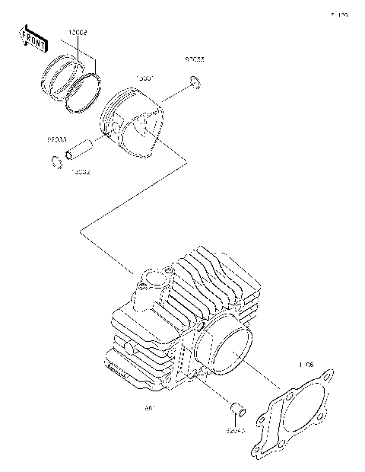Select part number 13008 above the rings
77,33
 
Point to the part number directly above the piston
144,78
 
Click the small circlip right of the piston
195,84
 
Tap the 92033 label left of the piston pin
58,139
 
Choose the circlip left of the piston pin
56,161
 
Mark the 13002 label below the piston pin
81,172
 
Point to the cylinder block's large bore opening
224,347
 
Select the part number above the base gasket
306,365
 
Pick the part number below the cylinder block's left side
149,407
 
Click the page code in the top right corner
338,14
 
